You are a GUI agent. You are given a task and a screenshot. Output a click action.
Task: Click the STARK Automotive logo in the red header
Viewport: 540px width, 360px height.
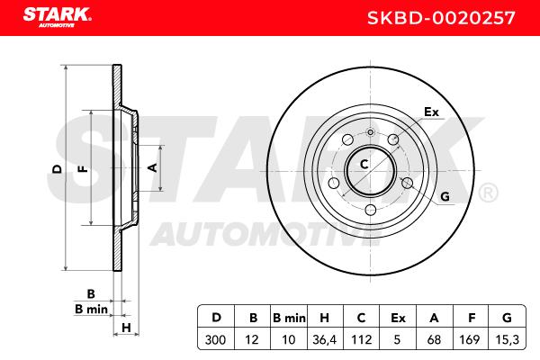[x=58, y=17]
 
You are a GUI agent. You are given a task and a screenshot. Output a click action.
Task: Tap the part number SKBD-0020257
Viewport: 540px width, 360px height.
[x=441, y=18]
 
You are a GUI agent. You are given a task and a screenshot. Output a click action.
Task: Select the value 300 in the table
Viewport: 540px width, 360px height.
[x=215, y=340]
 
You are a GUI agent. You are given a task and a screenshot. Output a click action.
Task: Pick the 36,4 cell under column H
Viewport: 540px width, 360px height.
[x=324, y=340]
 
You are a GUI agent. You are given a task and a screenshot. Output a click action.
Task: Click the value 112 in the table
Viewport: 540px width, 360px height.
[x=361, y=340]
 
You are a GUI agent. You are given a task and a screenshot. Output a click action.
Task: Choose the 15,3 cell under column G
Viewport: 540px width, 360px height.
[x=507, y=340]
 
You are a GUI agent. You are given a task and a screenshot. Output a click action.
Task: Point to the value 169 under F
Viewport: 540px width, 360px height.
[x=470, y=340]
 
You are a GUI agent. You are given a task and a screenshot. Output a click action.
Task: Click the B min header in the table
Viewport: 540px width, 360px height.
[x=289, y=318]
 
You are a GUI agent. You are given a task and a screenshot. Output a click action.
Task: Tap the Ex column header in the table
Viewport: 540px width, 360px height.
[x=398, y=318]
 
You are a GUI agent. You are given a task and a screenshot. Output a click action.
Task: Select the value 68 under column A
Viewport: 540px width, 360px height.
[x=434, y=340]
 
